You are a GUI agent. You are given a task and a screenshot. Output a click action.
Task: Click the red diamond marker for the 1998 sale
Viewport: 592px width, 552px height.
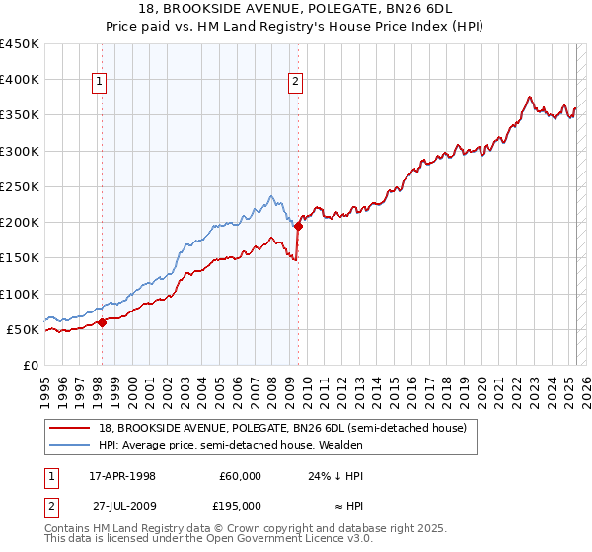pos(102,322)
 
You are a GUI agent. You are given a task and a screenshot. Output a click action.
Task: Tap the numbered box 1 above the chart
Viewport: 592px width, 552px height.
pos(101,83)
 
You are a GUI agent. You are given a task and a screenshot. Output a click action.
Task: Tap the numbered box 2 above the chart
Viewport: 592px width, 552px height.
pos(296,83)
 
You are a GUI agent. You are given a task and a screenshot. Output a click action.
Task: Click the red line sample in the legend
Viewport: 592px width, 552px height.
pos(70,429)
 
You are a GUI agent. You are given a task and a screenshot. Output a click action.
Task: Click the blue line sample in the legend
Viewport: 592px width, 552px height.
pos(70,446)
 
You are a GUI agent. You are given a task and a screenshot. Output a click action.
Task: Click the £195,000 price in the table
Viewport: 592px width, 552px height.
pos(240,505)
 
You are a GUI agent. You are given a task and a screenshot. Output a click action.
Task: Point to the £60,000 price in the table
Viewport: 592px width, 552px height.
pos(240,476)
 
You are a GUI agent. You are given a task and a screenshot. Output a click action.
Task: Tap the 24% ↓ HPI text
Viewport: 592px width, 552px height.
pos(335,476)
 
